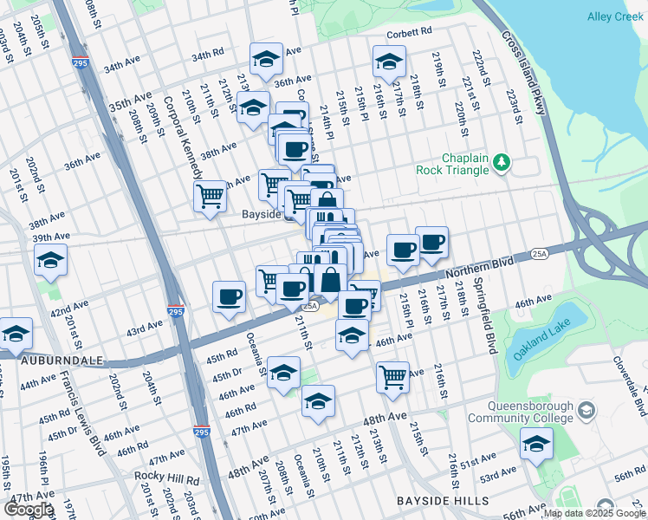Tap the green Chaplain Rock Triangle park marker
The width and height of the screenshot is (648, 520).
(x=513, y=162)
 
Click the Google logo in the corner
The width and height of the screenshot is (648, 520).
(x=29, y=509)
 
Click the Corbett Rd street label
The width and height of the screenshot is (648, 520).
(x=409, y=32)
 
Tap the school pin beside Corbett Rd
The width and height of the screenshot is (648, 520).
(x=389, y=62)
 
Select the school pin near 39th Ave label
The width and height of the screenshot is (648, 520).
(x=50, y=260)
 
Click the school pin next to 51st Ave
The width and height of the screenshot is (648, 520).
(x=536, y=445)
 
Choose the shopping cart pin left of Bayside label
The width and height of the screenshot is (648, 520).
(x=211, y=196)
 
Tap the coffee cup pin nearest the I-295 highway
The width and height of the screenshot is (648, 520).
(x=230, y=296)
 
